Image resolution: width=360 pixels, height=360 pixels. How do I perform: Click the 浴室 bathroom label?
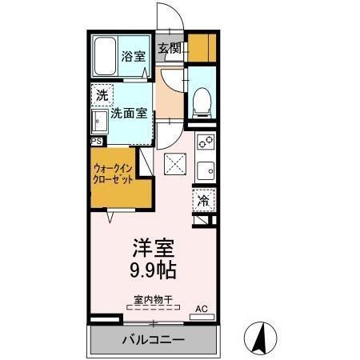tap(134, 56)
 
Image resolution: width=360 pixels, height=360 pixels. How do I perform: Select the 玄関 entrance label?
tap(169, 49)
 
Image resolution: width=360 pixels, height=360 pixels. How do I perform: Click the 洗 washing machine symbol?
tap(102, 94)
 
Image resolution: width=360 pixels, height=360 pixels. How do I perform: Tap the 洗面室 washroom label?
tap(128, 114)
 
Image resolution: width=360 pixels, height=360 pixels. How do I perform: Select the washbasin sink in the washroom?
tap(100, 122)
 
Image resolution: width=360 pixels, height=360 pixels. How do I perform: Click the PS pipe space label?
tap(96, 142)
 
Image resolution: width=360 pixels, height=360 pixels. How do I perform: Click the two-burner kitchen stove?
tap(205, 144)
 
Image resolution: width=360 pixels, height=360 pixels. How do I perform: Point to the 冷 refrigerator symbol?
tap(204, 200)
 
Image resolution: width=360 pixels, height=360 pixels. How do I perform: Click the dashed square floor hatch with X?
tap(174, 164)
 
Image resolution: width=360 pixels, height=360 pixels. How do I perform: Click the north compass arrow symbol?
tap(260, 337)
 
